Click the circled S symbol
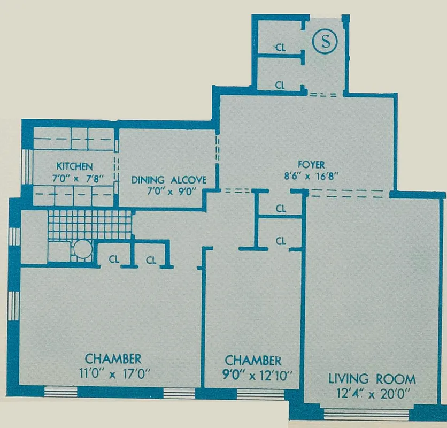coord(324,43)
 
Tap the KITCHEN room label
coord(75,166)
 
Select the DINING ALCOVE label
coord(169,180)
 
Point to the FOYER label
coord(313,165)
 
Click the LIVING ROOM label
coord(372,379)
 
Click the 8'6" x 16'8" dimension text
coord(313,175)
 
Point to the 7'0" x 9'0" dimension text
coord(169,191)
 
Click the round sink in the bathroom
coord(82,250)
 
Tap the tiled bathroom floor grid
coord(89,224)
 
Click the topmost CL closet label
coord(281,47)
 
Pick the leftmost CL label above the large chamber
coord(113,260)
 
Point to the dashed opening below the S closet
coord(323,95)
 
